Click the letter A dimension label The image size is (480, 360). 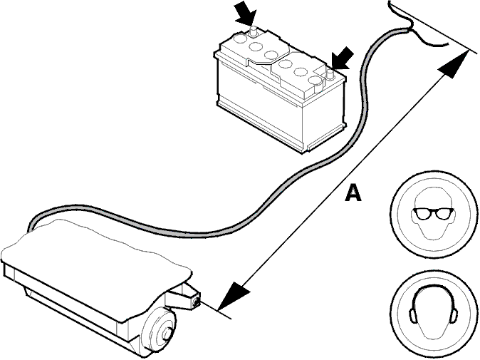coord(353,193)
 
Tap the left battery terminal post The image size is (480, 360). coord(253,31)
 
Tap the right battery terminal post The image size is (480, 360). coord(330,74)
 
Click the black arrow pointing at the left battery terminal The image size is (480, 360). coord(246,14)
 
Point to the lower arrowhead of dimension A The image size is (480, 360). coord(234,296)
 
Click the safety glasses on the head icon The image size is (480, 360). coord(433,214)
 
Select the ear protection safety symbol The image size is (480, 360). coord(433,314)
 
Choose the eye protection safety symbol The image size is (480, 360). coord(433,215)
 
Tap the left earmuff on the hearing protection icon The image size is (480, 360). coord(412,315)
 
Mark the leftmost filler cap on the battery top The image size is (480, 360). coord(239,38)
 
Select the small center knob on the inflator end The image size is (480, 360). coord(167,334)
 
